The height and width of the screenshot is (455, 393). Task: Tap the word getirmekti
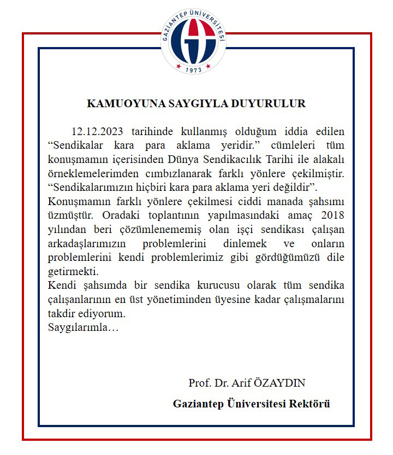click(x=71, y=271)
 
